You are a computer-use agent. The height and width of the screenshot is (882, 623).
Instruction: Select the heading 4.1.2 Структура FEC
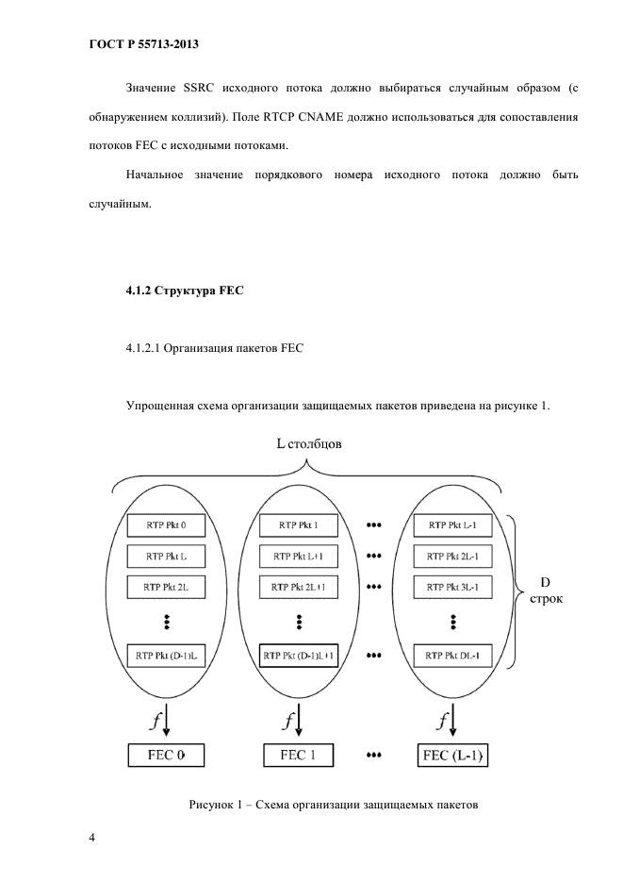pos(185,291)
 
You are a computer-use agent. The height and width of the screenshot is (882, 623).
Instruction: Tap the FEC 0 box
pos(165,755)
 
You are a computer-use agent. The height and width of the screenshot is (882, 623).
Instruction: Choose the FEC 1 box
pos(298,755)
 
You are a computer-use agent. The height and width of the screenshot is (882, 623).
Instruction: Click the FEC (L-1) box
pos(457,755)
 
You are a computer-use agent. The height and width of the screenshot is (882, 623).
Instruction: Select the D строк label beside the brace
pos(545,591)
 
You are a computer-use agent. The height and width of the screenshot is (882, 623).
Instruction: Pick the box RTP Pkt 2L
pos(165,586)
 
